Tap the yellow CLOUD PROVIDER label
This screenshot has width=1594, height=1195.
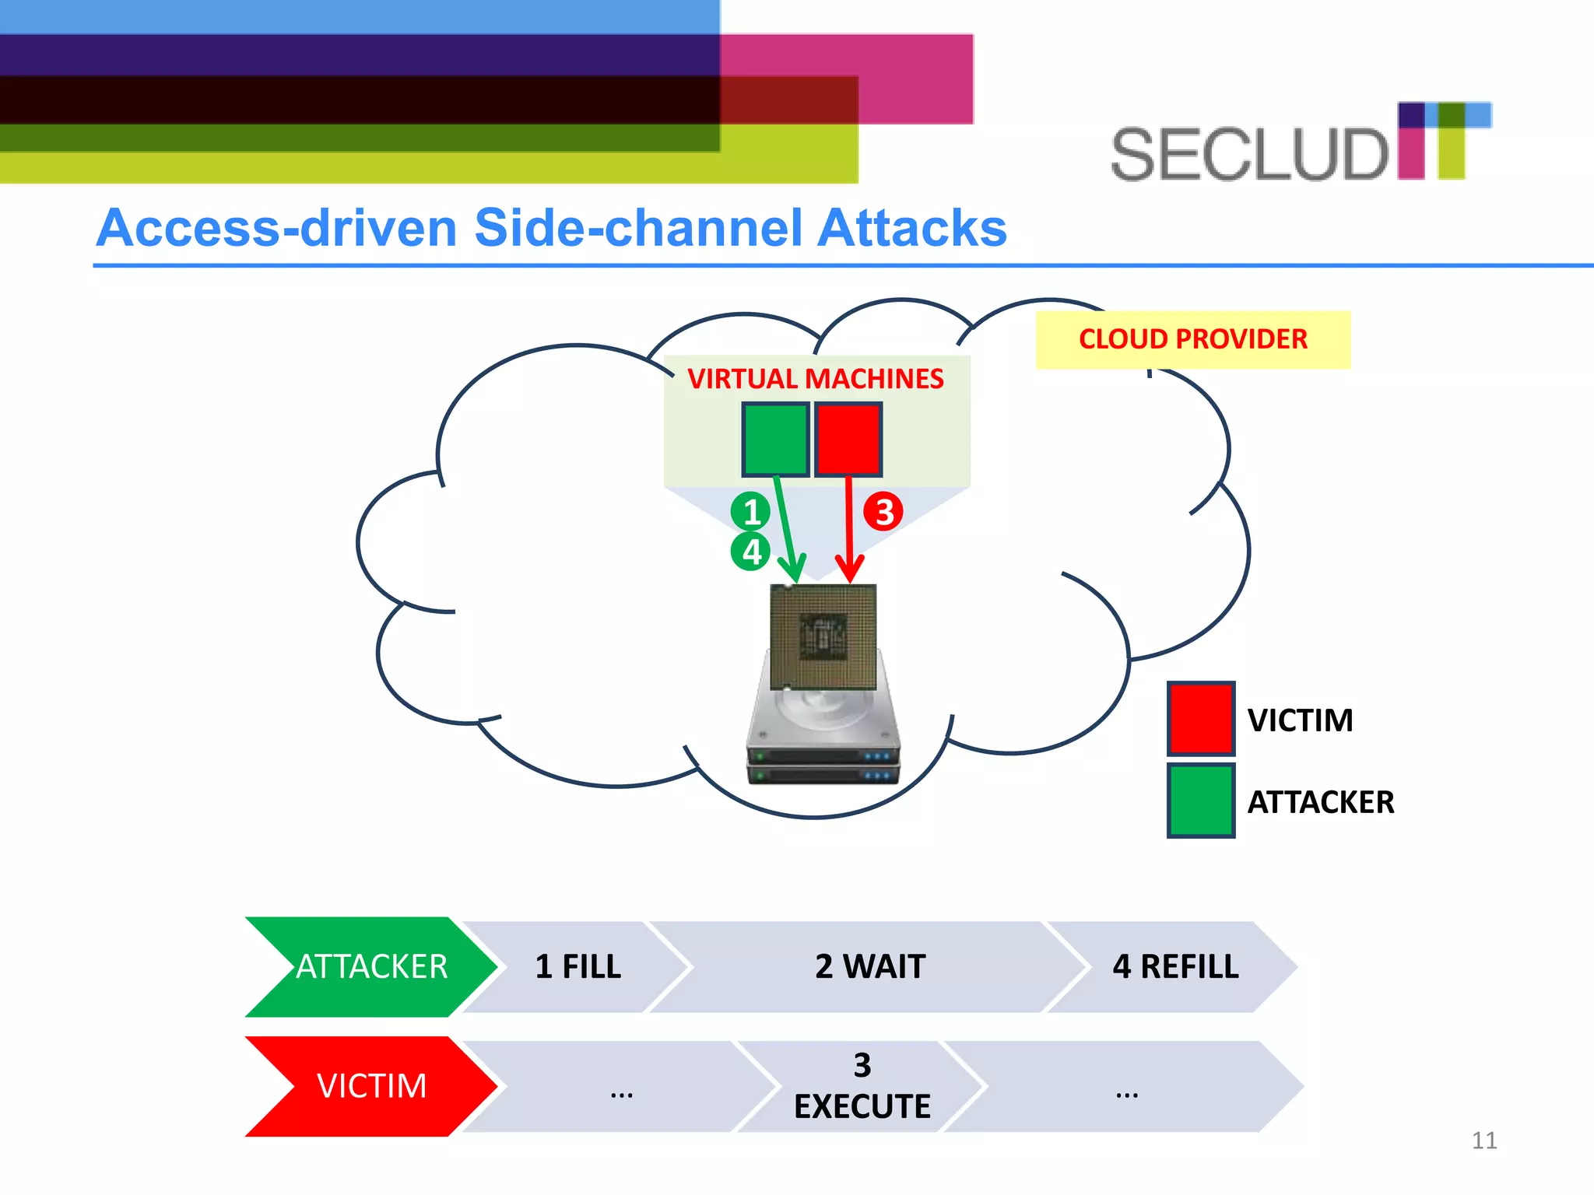pyautogui.click(x=1192, y=339)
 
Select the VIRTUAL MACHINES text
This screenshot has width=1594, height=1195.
pyautogui.click(x=815, y=379)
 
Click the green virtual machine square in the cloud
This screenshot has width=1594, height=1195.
pyautogui.click(x=774, y=439)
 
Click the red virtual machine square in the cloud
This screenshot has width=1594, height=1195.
pyautogui.click(x=848, y=439)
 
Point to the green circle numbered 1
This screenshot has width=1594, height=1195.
pyautogui.click(x=750, y=512)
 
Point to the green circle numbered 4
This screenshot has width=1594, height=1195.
pyautogui.click(x=750, y=552)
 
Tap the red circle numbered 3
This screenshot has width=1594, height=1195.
pyautogui.click(x=883, y=512)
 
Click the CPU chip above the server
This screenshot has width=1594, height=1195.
pyautogui.click(x=823, y=637)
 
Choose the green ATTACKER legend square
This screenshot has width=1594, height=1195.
pyautogui.click(x=1200, y=801)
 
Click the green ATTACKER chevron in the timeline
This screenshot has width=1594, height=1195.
pyautogui.click(x=370, y=967)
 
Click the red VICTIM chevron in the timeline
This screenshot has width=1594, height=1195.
pyautogui.click(x=370, y=1086)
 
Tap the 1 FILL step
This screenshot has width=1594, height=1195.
pyautogui.click(x=578, y=967)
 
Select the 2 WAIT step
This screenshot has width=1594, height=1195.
pyautogui.click(x=869, y=967)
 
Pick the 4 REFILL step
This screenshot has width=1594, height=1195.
pyautogui.click(x=1174, y=967)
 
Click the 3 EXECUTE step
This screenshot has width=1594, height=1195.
pyautogui.click(x=862, y=1086)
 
